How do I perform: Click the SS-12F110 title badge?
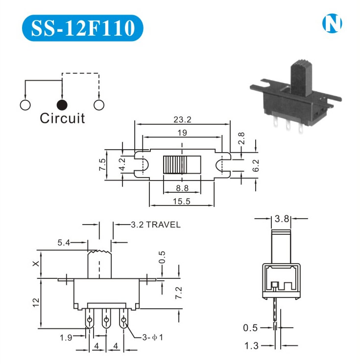click(83, 28)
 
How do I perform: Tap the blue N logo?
click(332, 23)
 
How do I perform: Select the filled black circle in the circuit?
click(62, 104)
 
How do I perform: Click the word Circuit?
click(62, 118)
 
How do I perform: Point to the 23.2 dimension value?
click(182, 119)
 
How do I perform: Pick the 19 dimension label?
click(182, 132)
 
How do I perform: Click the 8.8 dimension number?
click(182, 187)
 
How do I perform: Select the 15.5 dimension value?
click(181, 201)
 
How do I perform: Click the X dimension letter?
click(35, 264)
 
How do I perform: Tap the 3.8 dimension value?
click(283, 219)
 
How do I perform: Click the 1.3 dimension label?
click(251, 346)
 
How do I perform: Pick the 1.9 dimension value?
click(67, 337)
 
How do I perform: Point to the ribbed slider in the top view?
click(174, 164)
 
